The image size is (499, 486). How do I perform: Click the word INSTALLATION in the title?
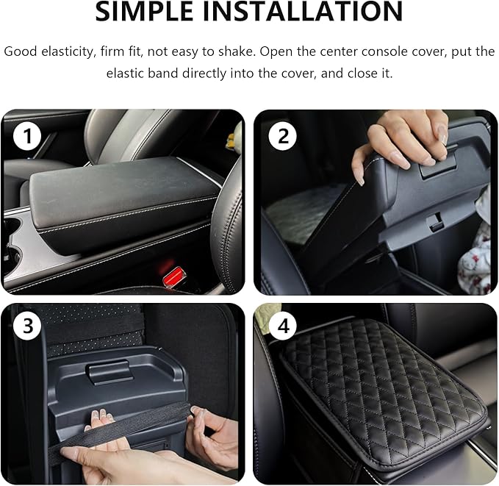coord(312,12)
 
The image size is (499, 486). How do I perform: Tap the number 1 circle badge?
coord(28,137)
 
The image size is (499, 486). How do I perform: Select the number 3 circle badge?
coord(28,327)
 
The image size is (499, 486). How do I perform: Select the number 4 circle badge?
coord(282,327)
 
